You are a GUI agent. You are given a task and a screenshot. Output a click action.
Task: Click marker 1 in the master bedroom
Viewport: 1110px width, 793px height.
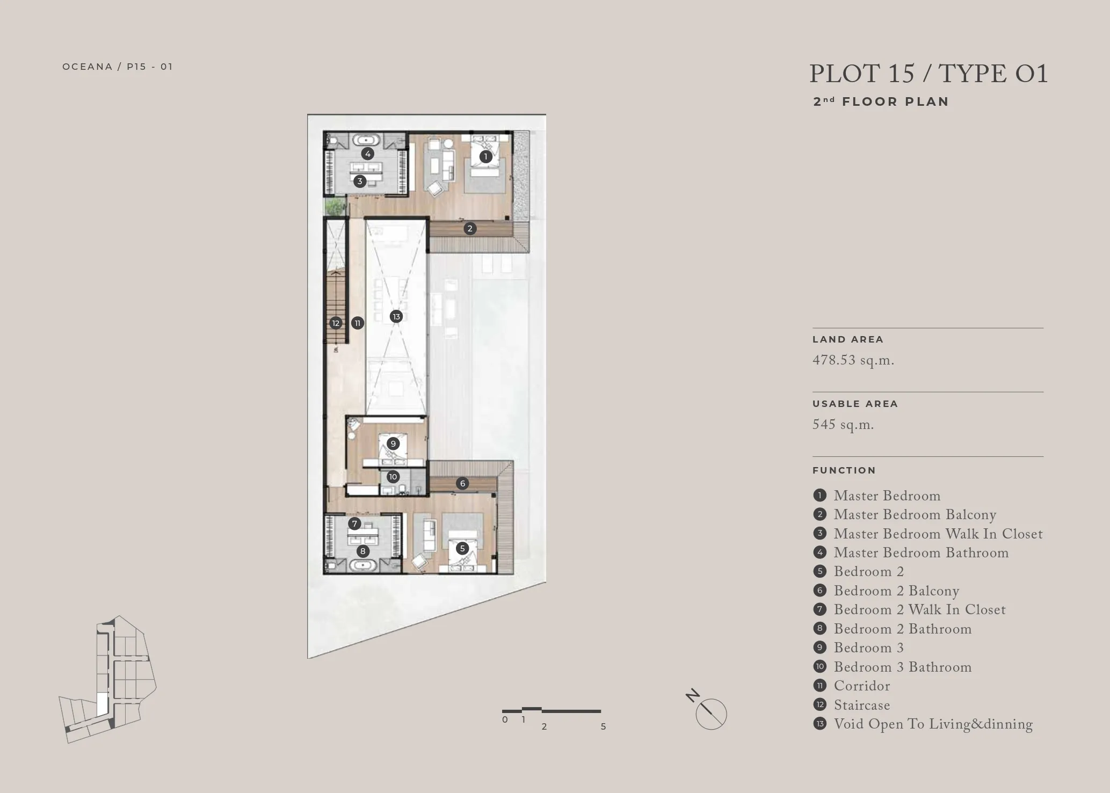[x=485, y=156]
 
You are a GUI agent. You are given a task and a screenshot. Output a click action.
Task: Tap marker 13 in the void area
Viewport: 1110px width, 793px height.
[x=396, y=316]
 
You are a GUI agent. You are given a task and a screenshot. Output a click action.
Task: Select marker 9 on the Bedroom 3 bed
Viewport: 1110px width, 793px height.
[x=393, y=443]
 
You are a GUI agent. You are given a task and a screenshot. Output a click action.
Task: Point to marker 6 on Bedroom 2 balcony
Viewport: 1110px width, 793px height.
[x=462, y=483]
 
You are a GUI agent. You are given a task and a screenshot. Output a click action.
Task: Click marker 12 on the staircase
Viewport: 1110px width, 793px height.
[x=336, y=323]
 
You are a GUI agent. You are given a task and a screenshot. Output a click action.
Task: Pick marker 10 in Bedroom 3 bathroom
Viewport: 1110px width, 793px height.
[x=393, y=476]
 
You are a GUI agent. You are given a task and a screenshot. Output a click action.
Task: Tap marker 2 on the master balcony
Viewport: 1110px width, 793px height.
[x=470, y=228]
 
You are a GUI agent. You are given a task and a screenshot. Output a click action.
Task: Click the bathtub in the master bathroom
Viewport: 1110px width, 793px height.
[x=367, y=140]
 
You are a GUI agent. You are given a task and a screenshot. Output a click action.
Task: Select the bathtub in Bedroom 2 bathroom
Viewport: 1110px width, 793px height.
[x=364, y=565]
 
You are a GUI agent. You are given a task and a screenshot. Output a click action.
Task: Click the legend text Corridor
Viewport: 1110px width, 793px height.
[x=862, y=686]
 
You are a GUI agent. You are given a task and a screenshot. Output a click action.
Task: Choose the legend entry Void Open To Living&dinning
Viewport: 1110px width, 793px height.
[x=933, y=724]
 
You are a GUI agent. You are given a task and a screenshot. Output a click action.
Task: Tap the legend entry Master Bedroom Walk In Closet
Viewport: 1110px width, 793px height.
[x=938, y=534]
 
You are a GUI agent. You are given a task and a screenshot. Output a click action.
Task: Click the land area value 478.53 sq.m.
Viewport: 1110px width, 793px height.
[x=853, y=360]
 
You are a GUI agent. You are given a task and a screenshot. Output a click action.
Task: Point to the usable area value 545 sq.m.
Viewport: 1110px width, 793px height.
[x=843, y=425]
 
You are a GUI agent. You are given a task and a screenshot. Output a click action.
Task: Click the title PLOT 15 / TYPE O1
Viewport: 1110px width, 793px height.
[x=928, y=74]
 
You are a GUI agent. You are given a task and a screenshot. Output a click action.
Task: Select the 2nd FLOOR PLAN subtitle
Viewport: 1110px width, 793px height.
[x=881, y=101]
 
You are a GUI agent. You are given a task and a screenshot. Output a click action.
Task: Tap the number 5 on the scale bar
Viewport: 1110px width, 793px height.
[x=603, y=726]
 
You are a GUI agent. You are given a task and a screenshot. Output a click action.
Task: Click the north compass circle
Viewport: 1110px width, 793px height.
[x=712, y=715]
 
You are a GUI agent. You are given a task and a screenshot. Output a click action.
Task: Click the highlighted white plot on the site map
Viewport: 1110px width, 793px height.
[x=102, y=704]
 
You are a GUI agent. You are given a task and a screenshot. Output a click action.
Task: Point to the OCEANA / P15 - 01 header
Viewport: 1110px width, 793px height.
[x=118, y=67]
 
